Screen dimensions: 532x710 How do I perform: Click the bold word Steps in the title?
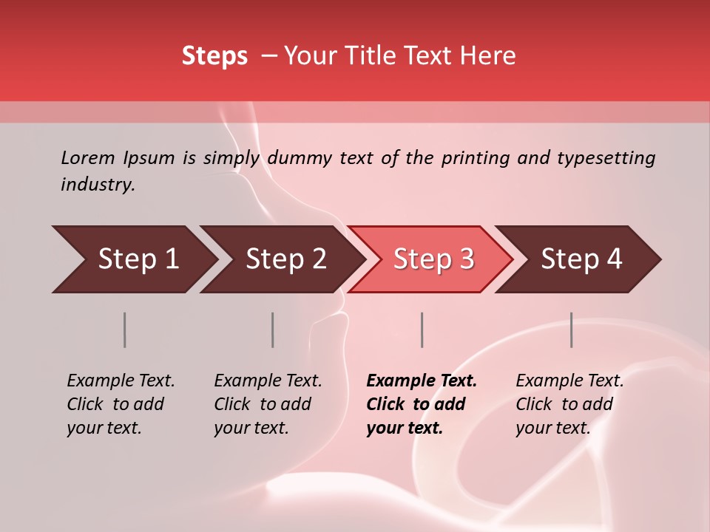click(x=214, y=56)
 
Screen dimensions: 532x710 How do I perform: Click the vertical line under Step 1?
click(x=124, y=330)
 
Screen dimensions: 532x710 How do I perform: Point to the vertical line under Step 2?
click(x=272, y=330)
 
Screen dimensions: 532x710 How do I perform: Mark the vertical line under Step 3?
click(x=422, y=330)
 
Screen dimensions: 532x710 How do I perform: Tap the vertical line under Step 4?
click(x=571, y=330)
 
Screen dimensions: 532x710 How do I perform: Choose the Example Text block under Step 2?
click(x=266, y=404)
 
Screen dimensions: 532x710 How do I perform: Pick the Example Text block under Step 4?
click(x=568, y=404)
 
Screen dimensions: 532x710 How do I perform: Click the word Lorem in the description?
click(x=87, y=158)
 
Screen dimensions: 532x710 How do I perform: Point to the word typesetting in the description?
click(x=606, y=158)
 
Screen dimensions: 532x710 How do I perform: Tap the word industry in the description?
click(x=97, y=185)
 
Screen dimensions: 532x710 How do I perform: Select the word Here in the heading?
click(x=487, y=56)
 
